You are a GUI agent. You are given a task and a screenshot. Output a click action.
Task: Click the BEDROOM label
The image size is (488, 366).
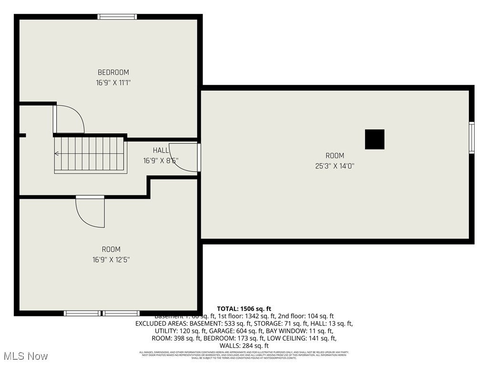tap(113, 72)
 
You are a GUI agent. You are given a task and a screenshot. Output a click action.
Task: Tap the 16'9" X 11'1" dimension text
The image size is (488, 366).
tap(113, 82)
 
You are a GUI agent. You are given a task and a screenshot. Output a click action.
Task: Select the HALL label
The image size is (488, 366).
tap(161, 150)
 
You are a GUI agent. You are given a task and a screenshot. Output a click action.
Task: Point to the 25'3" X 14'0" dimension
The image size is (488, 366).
tap(335, 166)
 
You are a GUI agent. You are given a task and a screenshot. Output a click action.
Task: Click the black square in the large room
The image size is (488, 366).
tap(375, 139)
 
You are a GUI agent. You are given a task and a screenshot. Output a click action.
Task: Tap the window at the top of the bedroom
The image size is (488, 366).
tap(117, 17)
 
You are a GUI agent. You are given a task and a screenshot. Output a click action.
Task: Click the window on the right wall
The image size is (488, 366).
tap(471, 137)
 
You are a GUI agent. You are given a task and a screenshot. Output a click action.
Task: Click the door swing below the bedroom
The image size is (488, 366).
tap(70, 119)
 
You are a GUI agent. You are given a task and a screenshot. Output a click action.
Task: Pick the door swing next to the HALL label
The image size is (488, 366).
tap(185, 157)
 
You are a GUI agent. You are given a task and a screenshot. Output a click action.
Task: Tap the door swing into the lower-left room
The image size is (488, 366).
tap(91, 212)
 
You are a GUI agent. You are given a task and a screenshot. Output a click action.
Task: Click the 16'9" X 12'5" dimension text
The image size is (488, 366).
tap(111, 260)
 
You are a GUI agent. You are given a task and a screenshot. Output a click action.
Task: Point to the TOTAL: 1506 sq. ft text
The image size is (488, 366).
tap(244, 309)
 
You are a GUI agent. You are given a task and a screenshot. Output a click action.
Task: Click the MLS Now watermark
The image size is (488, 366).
tap(25, 356)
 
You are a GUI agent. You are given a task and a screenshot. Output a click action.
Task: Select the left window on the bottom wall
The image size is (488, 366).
tap(82, 313)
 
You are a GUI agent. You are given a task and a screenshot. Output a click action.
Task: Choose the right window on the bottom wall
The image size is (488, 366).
tap(122, 313)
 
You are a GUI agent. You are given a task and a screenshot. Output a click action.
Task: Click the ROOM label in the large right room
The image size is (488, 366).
tap(335, 155)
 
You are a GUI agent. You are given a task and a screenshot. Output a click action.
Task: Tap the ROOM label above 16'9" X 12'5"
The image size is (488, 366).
tap(111, 249)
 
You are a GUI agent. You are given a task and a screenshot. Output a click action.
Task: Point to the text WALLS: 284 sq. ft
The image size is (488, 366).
tap(244, 346)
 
